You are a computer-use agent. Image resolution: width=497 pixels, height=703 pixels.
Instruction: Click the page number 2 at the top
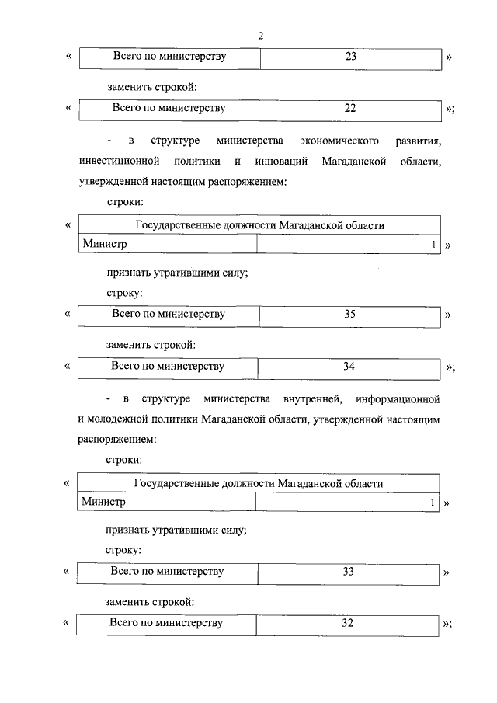click(262, 36)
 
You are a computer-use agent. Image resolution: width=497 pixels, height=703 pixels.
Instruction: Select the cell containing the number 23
click(349, 57)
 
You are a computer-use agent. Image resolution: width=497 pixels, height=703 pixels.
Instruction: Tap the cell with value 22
click(349, 108)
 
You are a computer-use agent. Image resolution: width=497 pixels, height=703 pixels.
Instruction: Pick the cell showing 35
click(349, 315)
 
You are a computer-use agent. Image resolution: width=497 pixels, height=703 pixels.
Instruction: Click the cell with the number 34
click(349, 366)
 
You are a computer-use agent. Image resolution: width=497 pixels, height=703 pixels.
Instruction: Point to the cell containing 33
click(348, 572)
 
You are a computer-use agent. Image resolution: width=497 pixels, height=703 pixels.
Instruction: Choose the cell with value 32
click(348, 623)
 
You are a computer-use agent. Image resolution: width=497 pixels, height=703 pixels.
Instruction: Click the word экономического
click(339, 141)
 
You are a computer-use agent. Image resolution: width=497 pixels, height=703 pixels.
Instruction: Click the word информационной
click(398, 399)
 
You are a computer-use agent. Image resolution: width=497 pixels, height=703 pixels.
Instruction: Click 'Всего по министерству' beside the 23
click(169, 57)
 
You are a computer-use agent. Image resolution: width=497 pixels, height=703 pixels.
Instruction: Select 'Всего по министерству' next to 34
click(168, 366)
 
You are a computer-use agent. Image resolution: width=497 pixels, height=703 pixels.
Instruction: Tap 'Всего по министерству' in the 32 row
click(166, 623)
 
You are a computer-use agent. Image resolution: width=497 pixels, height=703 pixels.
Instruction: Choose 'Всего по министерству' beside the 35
click(169, 315)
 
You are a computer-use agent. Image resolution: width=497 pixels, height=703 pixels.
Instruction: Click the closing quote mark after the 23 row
click(449, 58)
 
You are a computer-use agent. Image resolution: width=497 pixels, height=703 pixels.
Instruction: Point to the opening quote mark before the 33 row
click(67, 573)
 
